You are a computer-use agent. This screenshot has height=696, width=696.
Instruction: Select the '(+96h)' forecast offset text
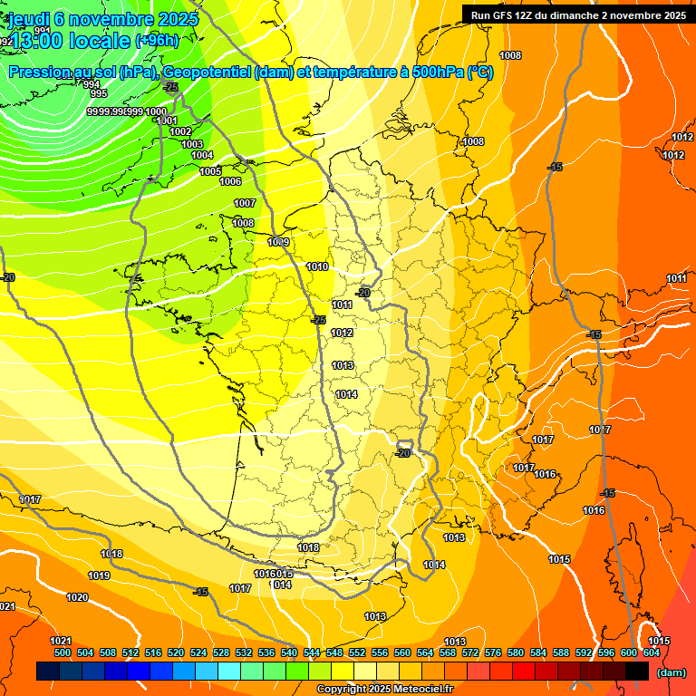point(157,41)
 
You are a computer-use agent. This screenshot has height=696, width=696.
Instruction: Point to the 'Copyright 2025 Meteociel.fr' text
point(385,689)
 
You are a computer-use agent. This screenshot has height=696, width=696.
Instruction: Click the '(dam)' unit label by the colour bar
point(671,672)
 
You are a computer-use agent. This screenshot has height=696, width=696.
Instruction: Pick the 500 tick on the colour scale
point(63,652)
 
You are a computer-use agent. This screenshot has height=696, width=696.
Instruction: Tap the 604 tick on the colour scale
point(652,652)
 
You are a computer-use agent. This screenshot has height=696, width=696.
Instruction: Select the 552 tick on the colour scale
point(357,652)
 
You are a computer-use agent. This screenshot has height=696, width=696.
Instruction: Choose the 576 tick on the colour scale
point(493,652)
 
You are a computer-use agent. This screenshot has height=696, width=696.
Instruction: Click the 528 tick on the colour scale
point(221,652)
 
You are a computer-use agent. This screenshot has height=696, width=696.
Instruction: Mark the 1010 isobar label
point(317,266)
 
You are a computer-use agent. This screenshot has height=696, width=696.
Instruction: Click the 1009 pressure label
point(278,242)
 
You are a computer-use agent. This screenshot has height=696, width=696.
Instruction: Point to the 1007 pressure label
point(245,203)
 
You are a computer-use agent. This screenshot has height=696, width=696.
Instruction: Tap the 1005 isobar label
point(210,171)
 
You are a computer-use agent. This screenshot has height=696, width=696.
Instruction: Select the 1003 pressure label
point(192,144)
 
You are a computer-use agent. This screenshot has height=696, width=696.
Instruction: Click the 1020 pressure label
point(77,597)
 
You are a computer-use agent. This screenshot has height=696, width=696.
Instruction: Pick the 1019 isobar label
point(99,575)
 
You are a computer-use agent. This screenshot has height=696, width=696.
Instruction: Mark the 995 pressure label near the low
point(99,94)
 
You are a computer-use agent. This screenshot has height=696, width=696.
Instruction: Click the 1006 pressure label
point(230,181)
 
